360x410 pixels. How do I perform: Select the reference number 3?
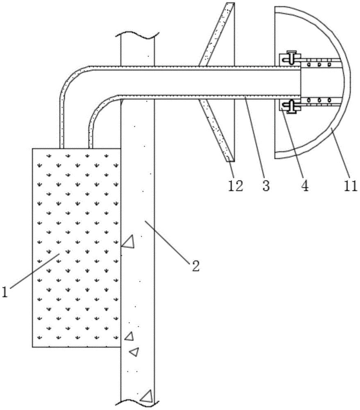point(266,186)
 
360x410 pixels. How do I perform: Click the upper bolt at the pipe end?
point(292,57)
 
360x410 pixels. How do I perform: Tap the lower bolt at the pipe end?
point(292,105)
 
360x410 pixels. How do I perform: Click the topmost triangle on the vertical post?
point(129,242)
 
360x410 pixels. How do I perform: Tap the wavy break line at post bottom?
point(137,404)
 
